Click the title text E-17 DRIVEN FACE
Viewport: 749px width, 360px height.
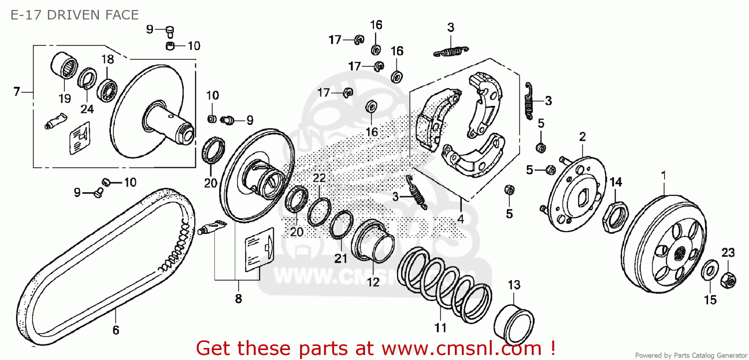[x=74, y=15]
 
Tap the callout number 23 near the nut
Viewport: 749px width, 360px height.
[x=728, y=253]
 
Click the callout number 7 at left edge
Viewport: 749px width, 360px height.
[x=16, y=91]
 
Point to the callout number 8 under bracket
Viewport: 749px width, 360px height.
[x=238, y=299]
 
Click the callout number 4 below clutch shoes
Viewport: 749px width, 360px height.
[x=460, y=218]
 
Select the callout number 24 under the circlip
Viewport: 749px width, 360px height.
[x=87, y=109]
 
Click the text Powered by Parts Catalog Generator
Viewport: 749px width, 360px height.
[x=691, y=356]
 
